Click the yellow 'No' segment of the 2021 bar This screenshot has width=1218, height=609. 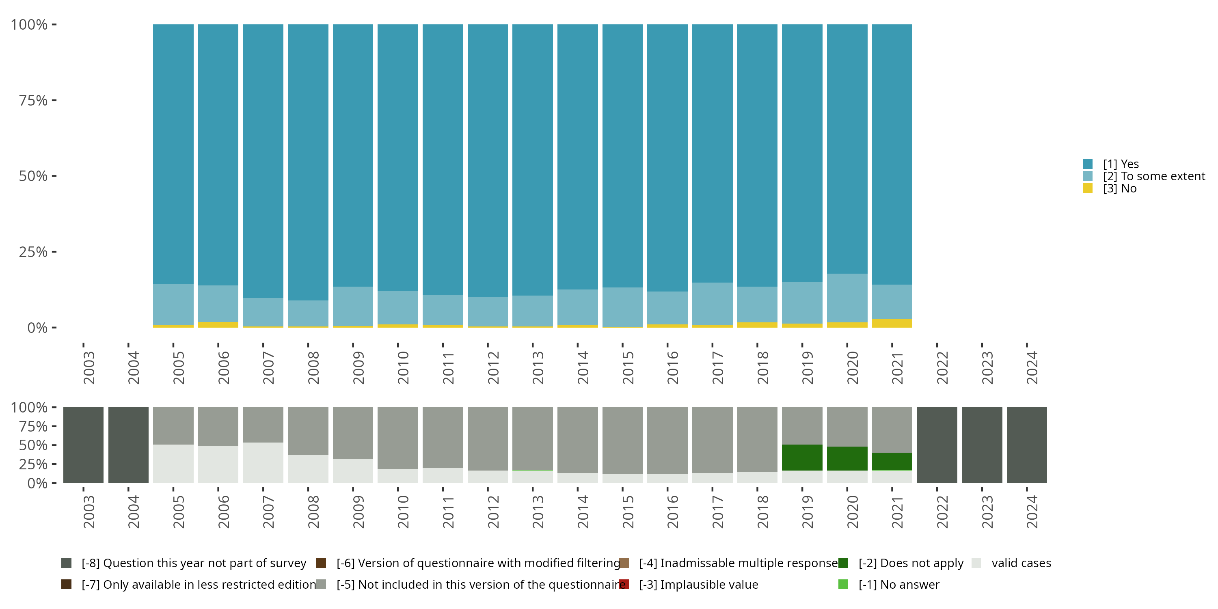point(892,324)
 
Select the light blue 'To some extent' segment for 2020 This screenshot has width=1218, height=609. point(847,298)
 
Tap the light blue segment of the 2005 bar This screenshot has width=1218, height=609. point(173,304)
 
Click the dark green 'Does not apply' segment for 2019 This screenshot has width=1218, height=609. point(802,457)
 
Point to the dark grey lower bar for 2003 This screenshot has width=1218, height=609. point(83,445)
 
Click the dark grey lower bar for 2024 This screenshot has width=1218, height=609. point(1026,445)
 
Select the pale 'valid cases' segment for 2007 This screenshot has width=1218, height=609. point(263,462)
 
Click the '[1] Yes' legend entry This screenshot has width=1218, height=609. point(1121,164)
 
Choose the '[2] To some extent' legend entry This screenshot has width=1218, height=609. point(1154,176)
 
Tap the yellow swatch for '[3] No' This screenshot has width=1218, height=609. point(1088,188)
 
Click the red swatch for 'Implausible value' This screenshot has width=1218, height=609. point(624,584)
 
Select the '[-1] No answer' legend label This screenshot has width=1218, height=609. point(898,584)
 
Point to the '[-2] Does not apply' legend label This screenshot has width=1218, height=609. point(911,563)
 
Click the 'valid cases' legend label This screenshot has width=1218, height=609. point(1021,563)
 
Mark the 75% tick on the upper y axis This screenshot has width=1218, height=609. point(54,100)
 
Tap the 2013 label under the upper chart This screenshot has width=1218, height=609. point(538,367)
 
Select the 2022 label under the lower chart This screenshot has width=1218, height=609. point(942,512)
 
